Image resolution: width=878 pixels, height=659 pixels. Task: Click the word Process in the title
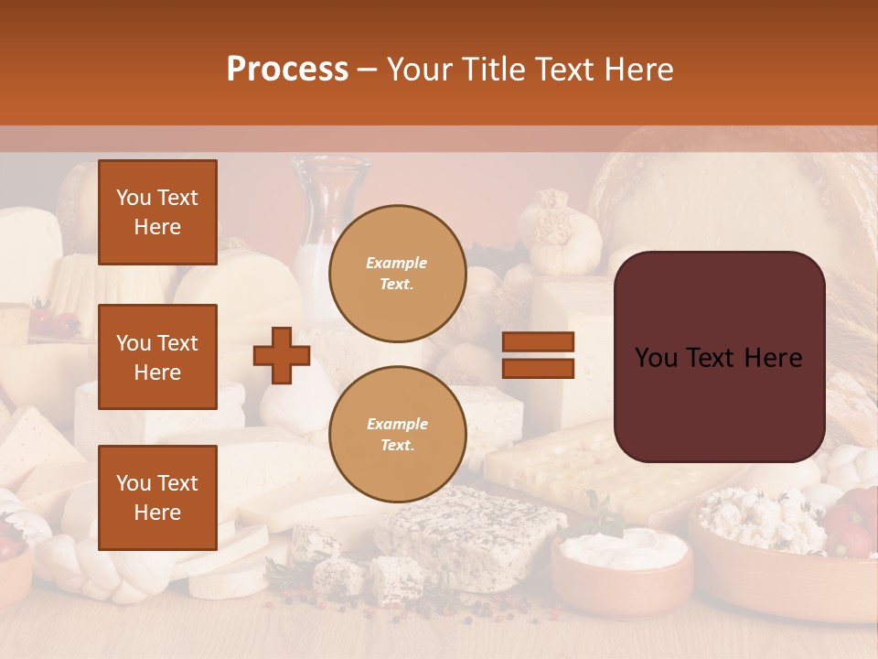287,70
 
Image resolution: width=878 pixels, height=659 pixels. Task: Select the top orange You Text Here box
157,212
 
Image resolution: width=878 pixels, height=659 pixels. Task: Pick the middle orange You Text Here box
157,357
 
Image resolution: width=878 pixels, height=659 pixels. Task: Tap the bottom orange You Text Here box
157,497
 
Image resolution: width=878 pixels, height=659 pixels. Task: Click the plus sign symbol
282,355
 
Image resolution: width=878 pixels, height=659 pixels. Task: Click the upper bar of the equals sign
538,341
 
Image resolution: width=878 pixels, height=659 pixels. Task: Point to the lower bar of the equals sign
538,369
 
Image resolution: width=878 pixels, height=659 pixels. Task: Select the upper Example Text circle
397,274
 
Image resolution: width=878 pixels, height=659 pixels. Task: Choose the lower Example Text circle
397,435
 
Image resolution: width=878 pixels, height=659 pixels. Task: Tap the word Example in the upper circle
397,263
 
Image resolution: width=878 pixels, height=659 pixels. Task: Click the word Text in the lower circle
397,446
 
